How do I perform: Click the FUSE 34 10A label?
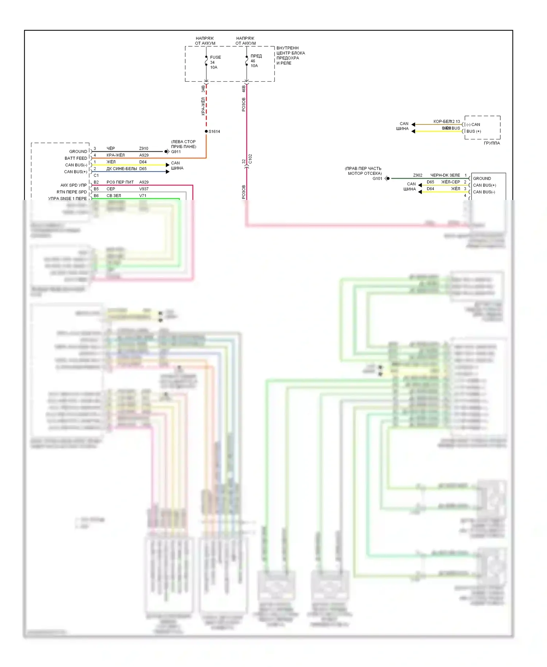tap(215, 62)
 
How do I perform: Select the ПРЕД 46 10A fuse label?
tap(256, 61)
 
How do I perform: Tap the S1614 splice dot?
tap(206, 131)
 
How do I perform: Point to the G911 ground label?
tap(176, 152)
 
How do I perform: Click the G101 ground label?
tap(377, 178)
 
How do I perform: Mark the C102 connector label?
tap(250, 159)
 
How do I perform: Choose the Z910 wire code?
tap(144, 149)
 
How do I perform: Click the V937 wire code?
tap(144, 189)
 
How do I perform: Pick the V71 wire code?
tap(143, 196)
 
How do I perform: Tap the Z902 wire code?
tap(418, 175)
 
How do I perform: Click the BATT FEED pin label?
tap(76, 158)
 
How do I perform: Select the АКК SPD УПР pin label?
tap(73, 185)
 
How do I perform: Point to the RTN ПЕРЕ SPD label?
tap(71, 192)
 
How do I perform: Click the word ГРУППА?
tap(492, 143)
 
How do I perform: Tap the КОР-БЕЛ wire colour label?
tap(442, 122)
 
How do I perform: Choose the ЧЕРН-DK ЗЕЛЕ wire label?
tap(445, 175)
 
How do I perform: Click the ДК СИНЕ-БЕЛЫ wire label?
tap(121, 169)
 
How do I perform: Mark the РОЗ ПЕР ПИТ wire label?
tap(120, 182)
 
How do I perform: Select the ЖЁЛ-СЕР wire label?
tap(450, 182)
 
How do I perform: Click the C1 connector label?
tap(96, 176)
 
